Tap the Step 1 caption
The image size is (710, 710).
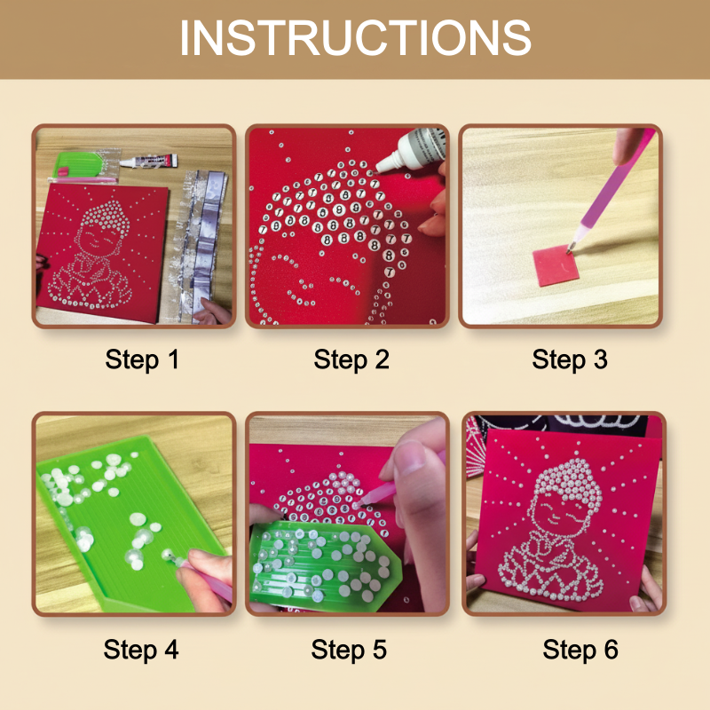(x=142, y=359)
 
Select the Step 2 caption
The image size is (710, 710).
(x=351, y=359)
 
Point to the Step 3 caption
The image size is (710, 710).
(x=570, y=359)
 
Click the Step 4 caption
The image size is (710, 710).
(x=141, y=649)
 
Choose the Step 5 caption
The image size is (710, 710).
(x=349, y=649)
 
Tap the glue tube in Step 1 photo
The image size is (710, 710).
(x=149, y=162)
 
